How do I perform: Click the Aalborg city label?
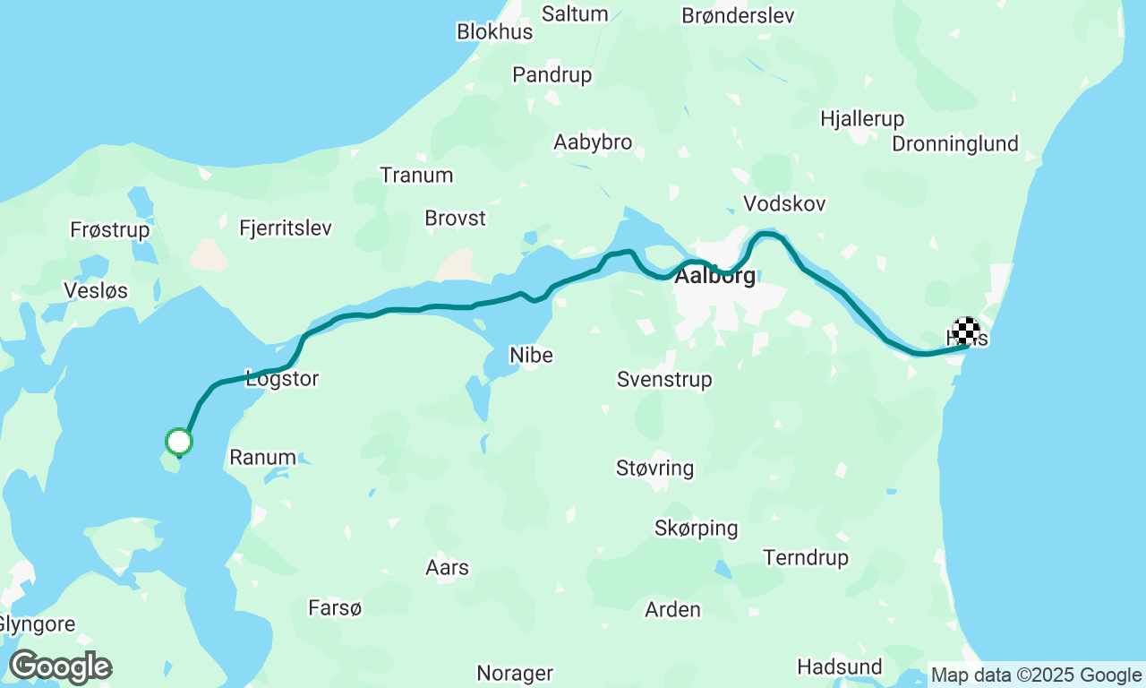(x=714, y=276)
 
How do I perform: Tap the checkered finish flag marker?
(x=965, y=331)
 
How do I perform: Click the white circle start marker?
(x=179, y=441)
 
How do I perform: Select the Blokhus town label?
(x=494, y=31)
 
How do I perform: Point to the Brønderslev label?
(x=738, y=15)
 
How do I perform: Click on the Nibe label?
(x=531, y=355)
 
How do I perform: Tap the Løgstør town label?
(x=282, y=379)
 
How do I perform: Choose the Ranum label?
(x=262, y=457)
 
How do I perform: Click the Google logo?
(x=60, y=666)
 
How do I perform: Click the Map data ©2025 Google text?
(x=1036, y=675)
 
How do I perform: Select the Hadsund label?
(x=839, y=666)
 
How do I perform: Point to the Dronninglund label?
(x=955, y=143)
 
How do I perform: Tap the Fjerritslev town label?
(x=286, y=228)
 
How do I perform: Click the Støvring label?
(x=654, y=468)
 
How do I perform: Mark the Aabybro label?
(x=593, y=142)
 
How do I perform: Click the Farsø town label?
(x=335, y=608)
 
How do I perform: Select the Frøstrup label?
(x=110, y=230)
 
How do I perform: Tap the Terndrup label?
(x=806, y=557)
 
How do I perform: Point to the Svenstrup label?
(x=664, y=379)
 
